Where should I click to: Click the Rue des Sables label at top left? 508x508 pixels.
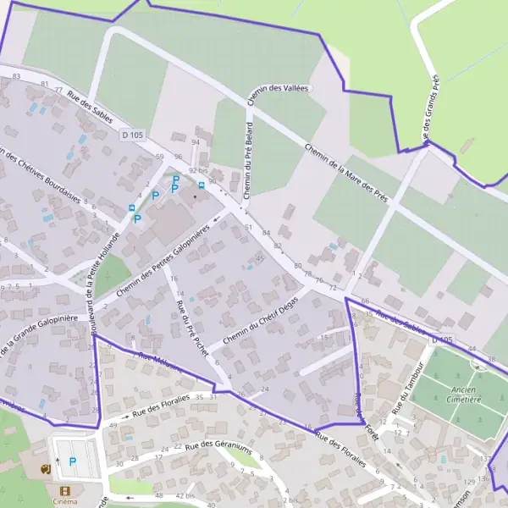[90, 107]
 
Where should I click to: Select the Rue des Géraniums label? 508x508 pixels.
[218, 449]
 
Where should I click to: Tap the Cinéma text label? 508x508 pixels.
[64, 501]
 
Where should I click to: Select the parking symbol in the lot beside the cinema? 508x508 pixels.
[72, 461]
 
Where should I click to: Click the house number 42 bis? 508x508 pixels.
[185, 495]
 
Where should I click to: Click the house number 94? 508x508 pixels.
[196, 141]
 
